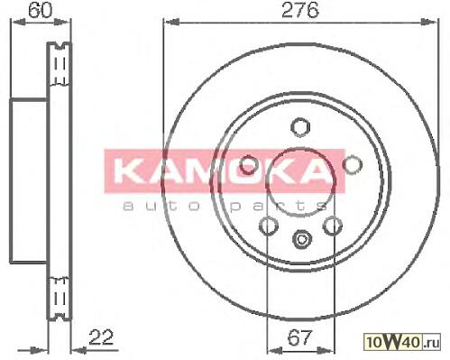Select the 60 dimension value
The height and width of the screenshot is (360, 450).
(41, 10)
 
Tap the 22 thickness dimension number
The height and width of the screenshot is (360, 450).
(101, 337)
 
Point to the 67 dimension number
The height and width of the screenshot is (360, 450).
(299, 337)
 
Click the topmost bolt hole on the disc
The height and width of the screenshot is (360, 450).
(300, 126)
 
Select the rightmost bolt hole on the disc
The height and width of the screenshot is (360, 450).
(353, 164)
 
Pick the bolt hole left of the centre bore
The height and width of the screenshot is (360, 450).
(248, 164)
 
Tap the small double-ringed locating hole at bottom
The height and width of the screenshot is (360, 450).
(301, 239)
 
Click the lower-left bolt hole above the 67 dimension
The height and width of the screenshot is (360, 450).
(268, 226)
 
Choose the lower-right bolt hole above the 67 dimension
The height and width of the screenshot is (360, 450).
(333, 226)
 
